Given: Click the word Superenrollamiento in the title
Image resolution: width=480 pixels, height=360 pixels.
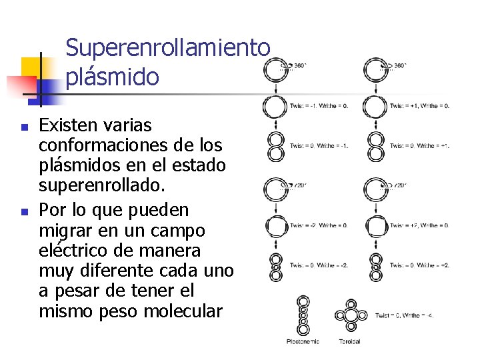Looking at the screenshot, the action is pyautogui.click(x=168, y=48).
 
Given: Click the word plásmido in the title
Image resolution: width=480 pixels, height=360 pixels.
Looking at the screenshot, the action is pyautogui.click(x=113, y=77).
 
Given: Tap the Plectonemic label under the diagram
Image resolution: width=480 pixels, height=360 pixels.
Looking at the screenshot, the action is pyautogui.click(x=303, y=342).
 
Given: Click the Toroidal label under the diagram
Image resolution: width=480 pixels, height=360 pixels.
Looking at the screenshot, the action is pyautogui.click(x=349, y=342).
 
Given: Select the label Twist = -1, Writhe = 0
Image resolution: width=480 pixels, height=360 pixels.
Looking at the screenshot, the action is pyautogui.click(x=319, y=105).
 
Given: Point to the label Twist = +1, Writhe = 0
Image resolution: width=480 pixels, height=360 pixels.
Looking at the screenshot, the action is pyautogui.click(x=419, y=105).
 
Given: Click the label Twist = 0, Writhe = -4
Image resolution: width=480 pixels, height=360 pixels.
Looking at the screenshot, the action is pyautogui.click(x=404, y=315).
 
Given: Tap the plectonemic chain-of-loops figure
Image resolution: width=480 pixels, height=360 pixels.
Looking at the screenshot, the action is pyautogui.click(x=303, y=315).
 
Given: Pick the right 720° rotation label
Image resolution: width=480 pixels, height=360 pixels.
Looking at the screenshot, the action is pyautogui.click(x=400, y=185).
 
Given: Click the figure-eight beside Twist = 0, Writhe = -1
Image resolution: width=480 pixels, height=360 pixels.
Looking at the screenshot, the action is pyautogui.click(x=275, y=147).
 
